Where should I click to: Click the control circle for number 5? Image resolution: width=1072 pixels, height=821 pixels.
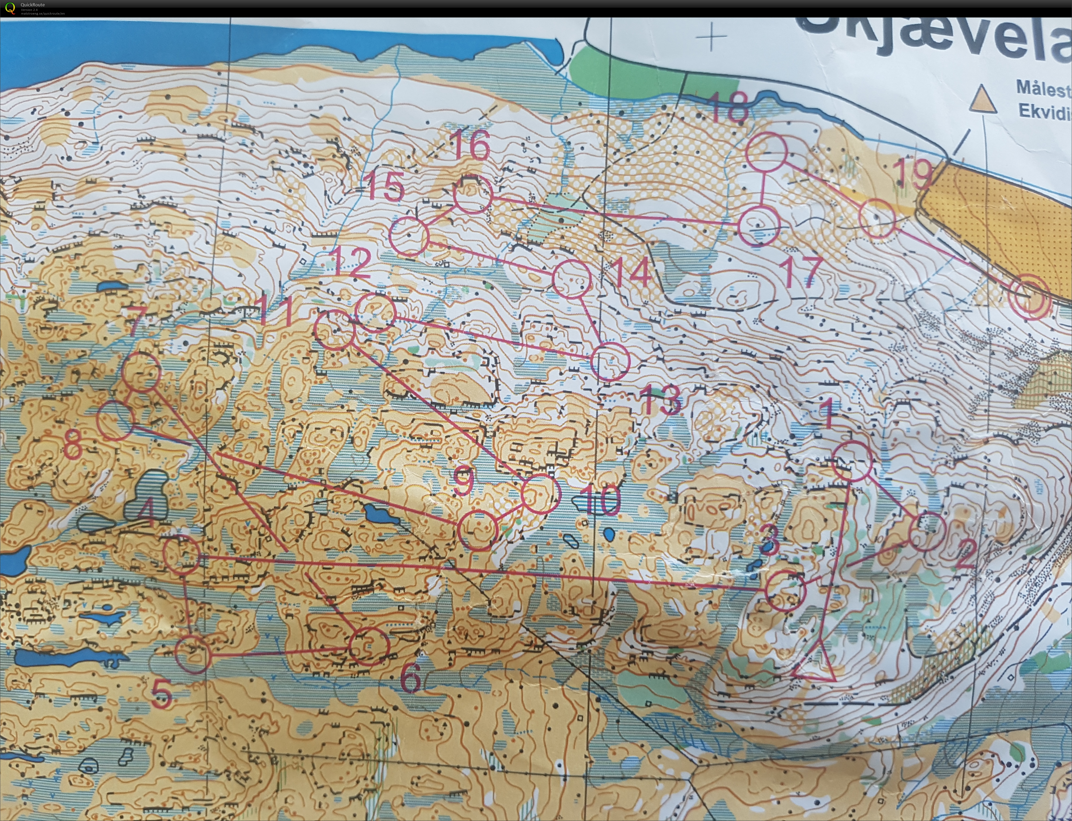193,654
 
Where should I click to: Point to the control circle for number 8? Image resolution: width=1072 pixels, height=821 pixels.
116,420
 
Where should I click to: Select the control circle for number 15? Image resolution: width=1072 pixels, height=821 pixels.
409,237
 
